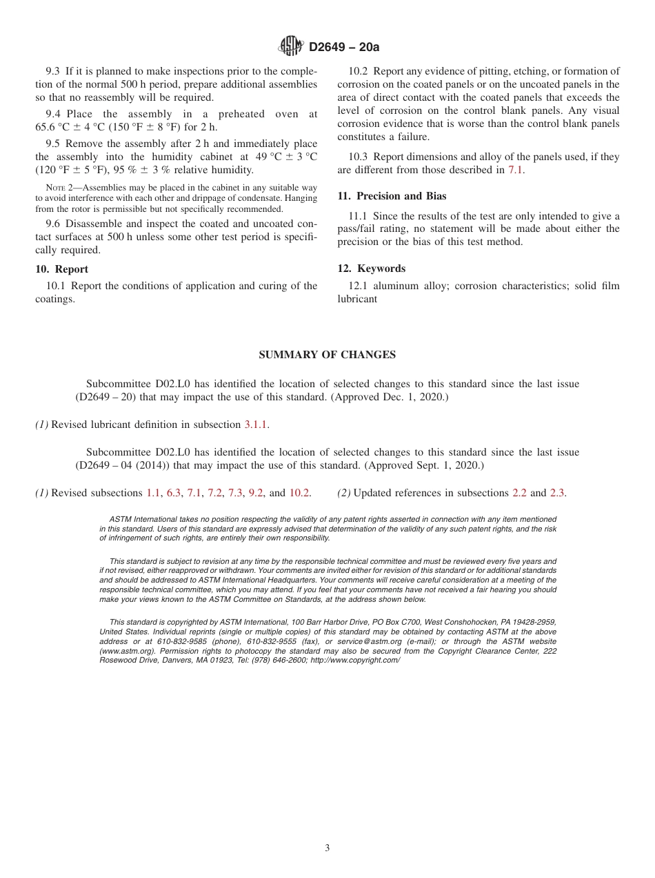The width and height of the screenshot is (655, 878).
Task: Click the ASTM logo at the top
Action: tap(290, 46)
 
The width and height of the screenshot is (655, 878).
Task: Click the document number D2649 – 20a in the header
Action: tap(344, 48)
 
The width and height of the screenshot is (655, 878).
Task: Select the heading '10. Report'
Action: tap(61, 269)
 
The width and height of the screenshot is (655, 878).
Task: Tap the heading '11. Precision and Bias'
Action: tap(392, 196)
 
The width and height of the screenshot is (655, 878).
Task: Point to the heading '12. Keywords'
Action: tap(372, 269)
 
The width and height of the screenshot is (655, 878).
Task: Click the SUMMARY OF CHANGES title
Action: tap(327, 355)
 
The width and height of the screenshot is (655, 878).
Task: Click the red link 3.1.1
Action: tap(256, 425)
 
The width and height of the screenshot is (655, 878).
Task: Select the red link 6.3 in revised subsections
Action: tap(174, 493)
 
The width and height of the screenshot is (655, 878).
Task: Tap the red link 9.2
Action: tap(256, 493)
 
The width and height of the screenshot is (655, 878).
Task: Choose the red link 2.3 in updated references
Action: tap(557, 493)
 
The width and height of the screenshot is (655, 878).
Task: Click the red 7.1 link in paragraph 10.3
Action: tap(516, 170)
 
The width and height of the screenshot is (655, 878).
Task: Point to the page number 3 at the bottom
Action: tap(327, 848)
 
